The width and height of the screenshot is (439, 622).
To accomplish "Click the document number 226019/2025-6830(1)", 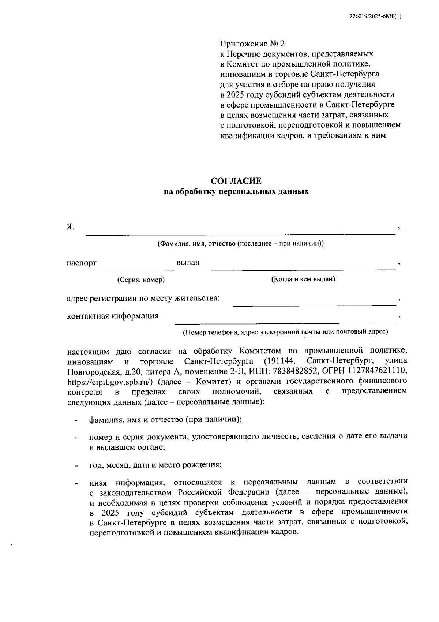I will coord(375,16).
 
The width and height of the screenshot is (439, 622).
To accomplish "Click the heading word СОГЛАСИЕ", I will coord(236,181).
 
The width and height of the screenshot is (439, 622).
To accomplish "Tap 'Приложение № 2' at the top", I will coord(252,44).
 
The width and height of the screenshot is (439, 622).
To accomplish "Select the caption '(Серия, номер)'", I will coord(141,280).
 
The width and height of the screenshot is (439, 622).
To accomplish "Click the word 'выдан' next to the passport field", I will coord(188,263).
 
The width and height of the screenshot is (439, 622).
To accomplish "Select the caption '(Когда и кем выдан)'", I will coord(303,279).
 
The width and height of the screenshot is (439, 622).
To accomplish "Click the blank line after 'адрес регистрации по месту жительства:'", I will coord(315,302).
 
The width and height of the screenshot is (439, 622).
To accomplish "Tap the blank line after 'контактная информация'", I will coord(285,319).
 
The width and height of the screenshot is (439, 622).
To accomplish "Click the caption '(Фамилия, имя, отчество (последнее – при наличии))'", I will coord(240,243).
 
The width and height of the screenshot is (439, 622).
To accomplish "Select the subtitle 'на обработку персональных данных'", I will coord(236,191).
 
